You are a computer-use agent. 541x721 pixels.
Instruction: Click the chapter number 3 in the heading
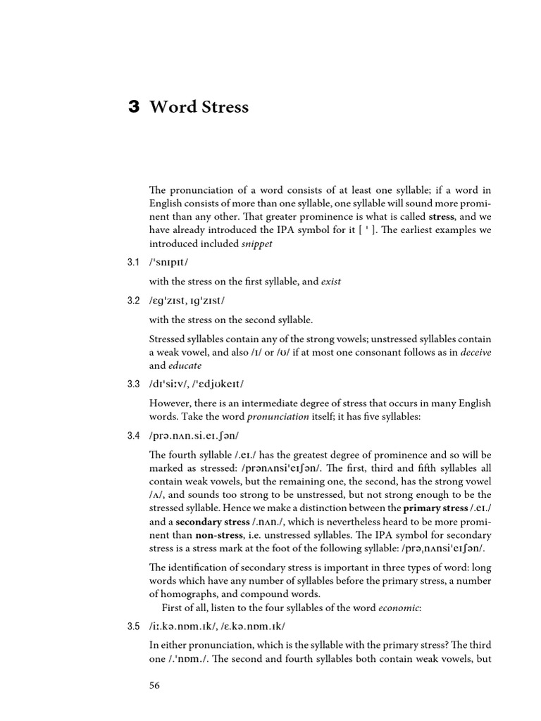(x=134, y=107)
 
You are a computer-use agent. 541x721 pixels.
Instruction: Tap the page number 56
(x=154, y=686)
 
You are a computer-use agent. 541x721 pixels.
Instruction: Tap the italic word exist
(x=330, y=282)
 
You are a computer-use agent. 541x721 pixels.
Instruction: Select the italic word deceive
(x=476, y=353)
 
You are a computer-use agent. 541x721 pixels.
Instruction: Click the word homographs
(x=197, y=594)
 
